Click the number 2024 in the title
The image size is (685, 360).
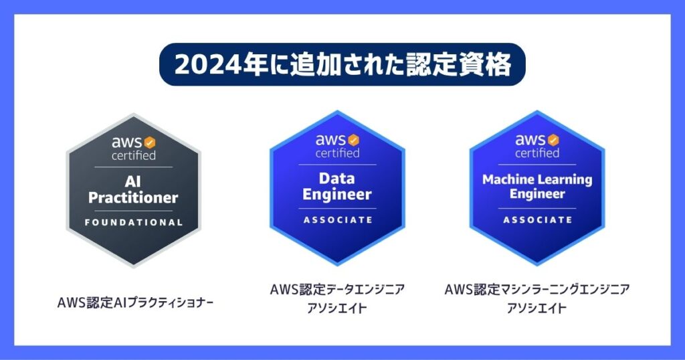pyautogui.click(x=207, y=65)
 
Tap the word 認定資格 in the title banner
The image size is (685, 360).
pyautogui.click(x=459, y=65)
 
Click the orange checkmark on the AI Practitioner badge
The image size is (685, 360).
pyautogui.click(x=149, y=143)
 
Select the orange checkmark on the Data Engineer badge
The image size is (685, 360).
pyautogui.click(x=353, y=141)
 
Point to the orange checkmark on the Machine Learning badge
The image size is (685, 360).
pyautogui.click(x=553, y=141)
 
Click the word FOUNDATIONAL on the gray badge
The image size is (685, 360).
pyautogui.click(x=134, y=222)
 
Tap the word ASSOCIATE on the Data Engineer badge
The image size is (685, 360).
pyautogui.click(x=338, y=219)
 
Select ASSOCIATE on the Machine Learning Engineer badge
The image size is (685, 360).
pyautogui.click(x=537, y=219)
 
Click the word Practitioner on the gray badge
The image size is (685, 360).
pyautogui.click(x=133, y=198)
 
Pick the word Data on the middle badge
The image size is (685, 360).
pyautogui.click(x=337, y=178)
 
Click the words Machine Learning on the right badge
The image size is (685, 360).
pyautogui.click(x=537, y=179)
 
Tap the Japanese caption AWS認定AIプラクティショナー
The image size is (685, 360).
pyautogui.click(x=135, y=302)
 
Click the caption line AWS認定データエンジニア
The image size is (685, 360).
pyautogui.click(x=337, y=289)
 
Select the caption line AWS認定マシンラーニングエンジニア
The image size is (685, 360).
pyautogui.click(x=537, y=289)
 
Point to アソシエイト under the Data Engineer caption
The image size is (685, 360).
pyautogui.click(x=337, y=308)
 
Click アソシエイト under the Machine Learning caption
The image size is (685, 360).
pyautogui.click(x=536, y=308)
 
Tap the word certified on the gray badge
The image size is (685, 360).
pyautogui.click(x=134, y=155)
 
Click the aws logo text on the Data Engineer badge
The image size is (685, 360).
pyautogui.click(x=331, y=141)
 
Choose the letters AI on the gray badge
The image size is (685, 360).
pyautogui.click(x=132, y=181)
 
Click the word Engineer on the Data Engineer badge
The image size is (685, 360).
pyautogui.click(x=337, y=195)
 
